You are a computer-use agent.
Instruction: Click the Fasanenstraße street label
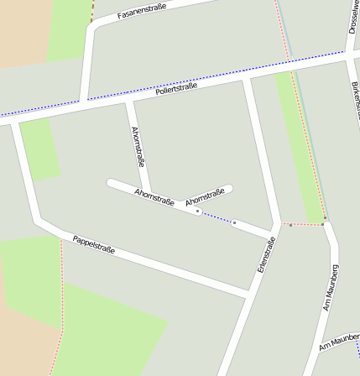[143, 11]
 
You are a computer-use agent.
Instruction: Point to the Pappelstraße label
[93, 244]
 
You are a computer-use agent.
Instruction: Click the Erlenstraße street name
[267, 258]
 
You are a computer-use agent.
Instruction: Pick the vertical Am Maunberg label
[331, 287]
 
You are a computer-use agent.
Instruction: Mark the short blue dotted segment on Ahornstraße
[217, 217]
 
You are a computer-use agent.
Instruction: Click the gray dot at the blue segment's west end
[198, 211]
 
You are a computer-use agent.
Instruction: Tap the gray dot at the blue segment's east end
[234, 222]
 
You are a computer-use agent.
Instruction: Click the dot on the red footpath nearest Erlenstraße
[290, 225]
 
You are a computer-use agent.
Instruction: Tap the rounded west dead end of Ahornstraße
[111, 182]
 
